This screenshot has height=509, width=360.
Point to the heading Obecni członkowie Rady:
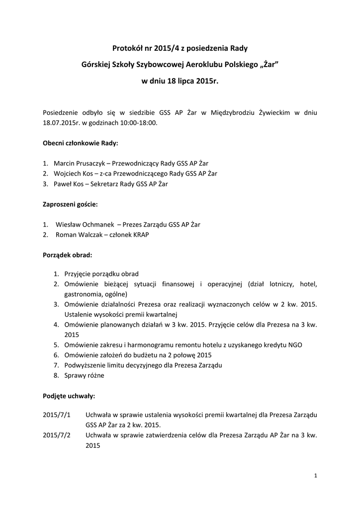click(x=81, y=143)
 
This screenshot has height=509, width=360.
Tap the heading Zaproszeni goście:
click(x=70, y=204)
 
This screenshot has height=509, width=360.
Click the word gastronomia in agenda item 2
click(x=82, y=294)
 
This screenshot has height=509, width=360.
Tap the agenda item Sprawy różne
click(x=84, y=375)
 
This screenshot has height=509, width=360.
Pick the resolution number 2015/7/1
click(x=57, y=415)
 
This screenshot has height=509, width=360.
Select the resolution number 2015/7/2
click(x=57, y=435)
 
